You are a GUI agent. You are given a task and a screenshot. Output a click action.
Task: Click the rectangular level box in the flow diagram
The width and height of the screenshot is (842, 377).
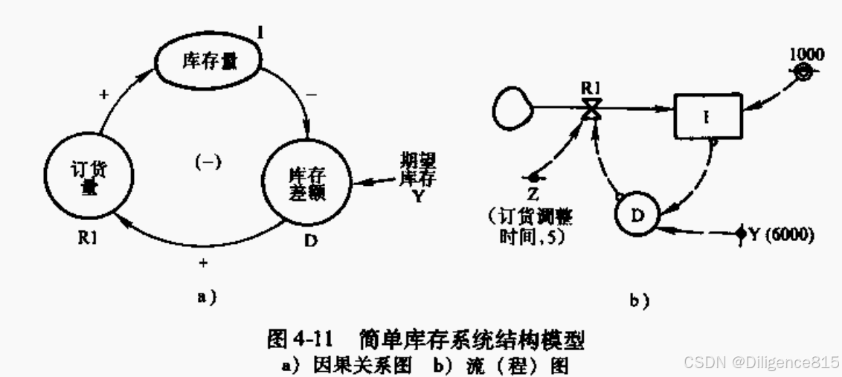click(707, 117)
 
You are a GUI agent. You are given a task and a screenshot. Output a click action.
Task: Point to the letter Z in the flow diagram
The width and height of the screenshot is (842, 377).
click(534, 196)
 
